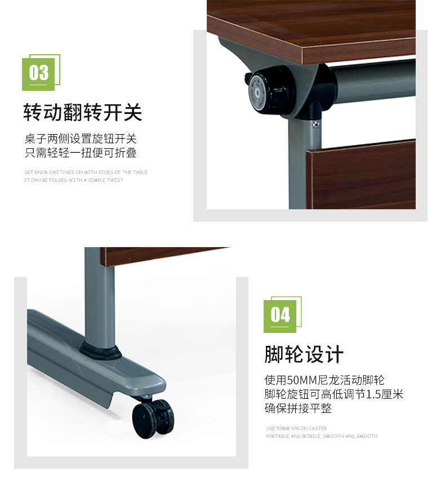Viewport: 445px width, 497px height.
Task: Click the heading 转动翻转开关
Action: click(x=83, y=112)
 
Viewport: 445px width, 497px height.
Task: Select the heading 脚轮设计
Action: click(x=304, y=354)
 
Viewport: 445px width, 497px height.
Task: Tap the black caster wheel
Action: click(x=153, y=418)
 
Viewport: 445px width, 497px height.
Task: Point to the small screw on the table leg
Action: click(x=315, y=124)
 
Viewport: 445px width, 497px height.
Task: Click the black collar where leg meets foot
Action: click(x=100, y=350)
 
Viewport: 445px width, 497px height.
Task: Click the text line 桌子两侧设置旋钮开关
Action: click(x=81, y=139)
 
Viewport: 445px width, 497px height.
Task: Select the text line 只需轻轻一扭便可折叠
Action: click(x=81, y=153)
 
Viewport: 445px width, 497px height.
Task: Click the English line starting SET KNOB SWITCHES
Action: click(x=86, y=172)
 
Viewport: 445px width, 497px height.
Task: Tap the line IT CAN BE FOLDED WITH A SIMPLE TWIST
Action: click(x=74, y=180)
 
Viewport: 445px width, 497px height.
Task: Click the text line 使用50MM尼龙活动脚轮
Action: click(x=324, y=380)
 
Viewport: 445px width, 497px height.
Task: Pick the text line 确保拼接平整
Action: click(x=298, y=408)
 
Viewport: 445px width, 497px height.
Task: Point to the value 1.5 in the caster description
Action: click(x=373, y=394)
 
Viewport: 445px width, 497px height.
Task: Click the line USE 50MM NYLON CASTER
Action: click(x=296, y=428)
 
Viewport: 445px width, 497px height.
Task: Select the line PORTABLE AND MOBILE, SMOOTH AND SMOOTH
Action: click(x=322, y=436)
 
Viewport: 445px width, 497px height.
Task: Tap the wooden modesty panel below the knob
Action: click(x=361, y=174)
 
